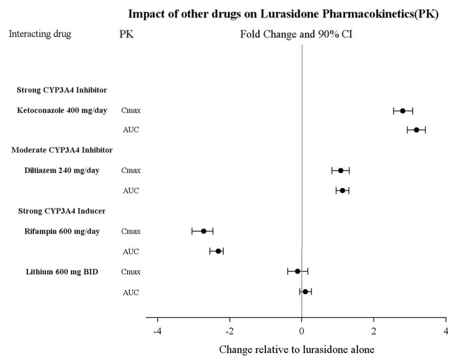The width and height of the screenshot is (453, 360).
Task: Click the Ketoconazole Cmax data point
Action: [403, 111]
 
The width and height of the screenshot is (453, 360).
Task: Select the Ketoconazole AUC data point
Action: [416, 130]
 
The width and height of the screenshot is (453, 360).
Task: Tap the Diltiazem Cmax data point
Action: [340, 170]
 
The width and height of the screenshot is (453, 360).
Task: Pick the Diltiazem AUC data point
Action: [342, 190]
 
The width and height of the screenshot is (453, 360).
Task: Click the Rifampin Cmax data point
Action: [204, 231]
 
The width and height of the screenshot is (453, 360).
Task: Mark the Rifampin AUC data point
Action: [218, 251]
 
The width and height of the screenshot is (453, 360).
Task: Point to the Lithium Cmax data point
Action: [297, 271]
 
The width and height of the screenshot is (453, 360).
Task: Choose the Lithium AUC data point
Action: [305, 292]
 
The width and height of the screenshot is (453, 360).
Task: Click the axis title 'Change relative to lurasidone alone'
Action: [297, 350]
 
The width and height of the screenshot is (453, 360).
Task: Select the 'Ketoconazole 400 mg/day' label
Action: [62, 111]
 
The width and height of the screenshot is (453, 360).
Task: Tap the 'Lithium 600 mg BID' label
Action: [61, 272]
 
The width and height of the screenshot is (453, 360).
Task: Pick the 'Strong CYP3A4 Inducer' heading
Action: [61, 211]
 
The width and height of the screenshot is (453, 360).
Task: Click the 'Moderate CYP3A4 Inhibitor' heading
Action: [62, 151]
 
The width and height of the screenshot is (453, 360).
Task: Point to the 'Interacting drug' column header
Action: [40, 34]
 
